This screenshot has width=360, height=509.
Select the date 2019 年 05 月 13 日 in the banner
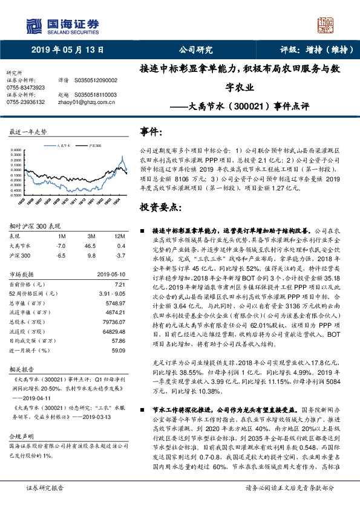coord(64,51)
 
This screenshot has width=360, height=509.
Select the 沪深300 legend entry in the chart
coord(94,146)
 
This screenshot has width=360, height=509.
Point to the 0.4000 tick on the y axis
coord(17,149)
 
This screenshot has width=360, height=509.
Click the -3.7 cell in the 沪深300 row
coord(120,256)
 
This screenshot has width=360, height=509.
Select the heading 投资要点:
coord(160,207)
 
